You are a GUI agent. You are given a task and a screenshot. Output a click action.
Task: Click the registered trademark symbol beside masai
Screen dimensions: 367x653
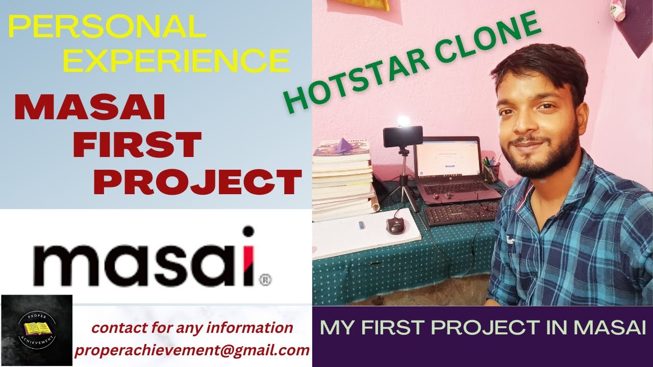click(265, 279)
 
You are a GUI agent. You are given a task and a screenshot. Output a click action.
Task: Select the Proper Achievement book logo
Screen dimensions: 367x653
click(37, 330)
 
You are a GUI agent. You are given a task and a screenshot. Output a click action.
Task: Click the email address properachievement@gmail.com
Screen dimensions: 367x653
click(192, 350)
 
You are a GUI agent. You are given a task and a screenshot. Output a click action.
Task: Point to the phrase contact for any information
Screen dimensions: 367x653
click(192, 328)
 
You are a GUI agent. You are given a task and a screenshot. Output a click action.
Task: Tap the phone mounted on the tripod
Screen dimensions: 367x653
click(403, 136)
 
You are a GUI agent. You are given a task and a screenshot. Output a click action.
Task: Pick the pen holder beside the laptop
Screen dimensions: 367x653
click(491, 171)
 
